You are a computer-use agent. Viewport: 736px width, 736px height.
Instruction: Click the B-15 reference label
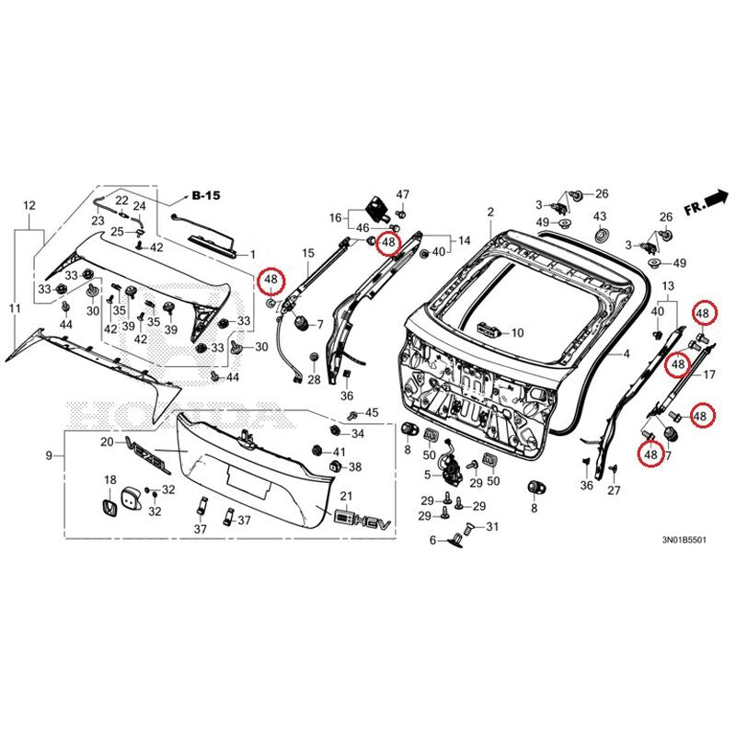click(x=207, y=196)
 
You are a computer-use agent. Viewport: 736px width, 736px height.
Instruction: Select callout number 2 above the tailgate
click(x=491, y=213)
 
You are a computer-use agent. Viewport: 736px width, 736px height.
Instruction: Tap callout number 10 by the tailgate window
click(x=516, y=333)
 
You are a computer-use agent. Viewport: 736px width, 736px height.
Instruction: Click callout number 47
click(x=403, y=195)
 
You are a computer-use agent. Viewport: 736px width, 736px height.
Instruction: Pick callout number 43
click(x=600, y=216)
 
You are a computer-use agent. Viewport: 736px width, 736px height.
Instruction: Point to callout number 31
click(x=491, y=527)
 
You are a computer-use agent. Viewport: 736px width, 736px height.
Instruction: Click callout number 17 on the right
click(x=709, y=374)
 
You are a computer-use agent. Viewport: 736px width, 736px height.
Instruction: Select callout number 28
click(x=314, y=380)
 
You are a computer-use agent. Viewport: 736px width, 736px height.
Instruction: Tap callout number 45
click(x=372, y=412)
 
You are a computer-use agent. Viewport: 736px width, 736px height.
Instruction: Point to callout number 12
click(x=29, y=205)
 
